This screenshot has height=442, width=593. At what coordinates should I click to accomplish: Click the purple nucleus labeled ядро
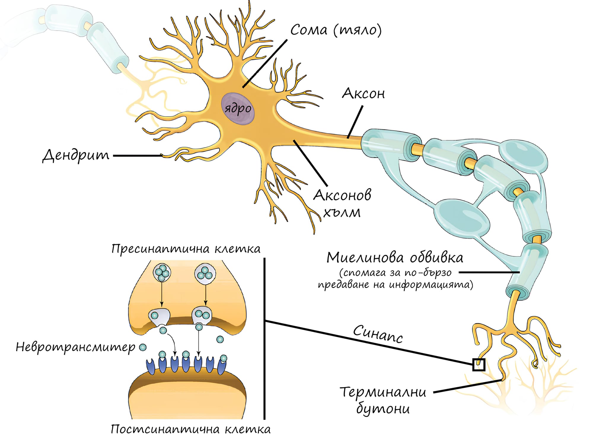coord(237,109)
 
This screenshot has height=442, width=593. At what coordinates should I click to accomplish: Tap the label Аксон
coord(364,94)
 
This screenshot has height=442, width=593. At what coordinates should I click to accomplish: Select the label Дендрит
coord(76,155)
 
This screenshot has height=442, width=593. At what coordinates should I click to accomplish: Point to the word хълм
coord(342,212)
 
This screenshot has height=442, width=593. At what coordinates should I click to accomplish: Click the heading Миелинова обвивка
coord(395,257)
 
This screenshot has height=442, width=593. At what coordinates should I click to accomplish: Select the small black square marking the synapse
coord(479,365)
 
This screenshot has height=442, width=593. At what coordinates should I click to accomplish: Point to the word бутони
coord(383,409)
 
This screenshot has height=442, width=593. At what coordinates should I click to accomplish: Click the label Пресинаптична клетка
coord(186,249)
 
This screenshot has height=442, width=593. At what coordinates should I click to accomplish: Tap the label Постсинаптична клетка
coord(191,429)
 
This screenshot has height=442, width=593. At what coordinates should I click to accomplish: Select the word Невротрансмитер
coord(75,347)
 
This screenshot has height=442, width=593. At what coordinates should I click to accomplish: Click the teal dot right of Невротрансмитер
coord(143,347)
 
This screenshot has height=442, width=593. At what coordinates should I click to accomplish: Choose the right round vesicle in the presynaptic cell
coord(205,273)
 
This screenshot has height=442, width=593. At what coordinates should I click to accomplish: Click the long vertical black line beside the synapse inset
coord(264,338)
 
